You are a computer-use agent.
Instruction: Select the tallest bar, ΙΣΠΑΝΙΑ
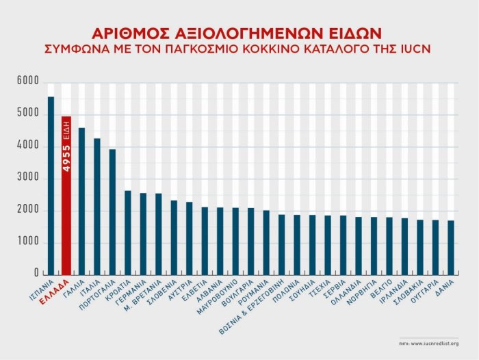point(51,185)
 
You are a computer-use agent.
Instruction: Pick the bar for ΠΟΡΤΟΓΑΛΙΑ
point(112,211)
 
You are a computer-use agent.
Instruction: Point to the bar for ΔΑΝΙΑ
point(450,247)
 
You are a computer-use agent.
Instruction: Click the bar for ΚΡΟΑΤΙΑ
point(127,233)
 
